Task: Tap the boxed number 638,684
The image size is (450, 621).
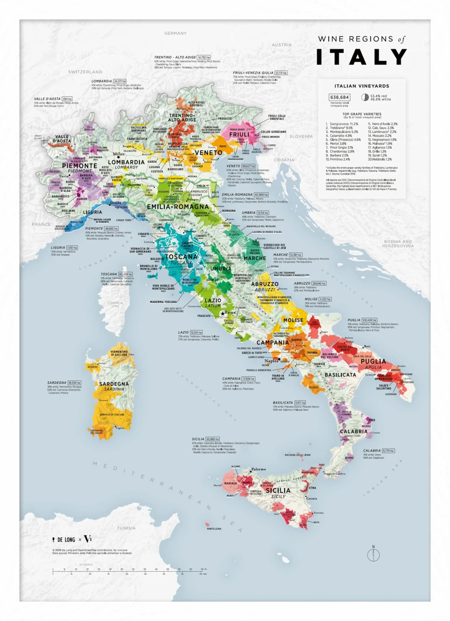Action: click(339, 97)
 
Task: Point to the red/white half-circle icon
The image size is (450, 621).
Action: click(365, 97)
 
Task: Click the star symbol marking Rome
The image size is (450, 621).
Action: click(223, 313)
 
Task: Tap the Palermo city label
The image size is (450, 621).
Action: click(259, 469)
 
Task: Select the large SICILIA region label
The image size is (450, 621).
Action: click(278, 490)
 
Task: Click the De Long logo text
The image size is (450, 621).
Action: click(66, 540)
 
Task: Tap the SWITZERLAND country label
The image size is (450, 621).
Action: click(85, 72)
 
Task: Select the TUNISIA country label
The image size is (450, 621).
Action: click(126, 528)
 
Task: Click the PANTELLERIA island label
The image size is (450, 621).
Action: click(214, 529)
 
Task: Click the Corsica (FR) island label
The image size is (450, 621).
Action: click(115, 304)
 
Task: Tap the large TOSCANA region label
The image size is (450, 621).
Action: click(181, 256)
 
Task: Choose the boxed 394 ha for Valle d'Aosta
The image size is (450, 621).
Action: click(67, 99)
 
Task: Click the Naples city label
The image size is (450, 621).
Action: click(271, 361)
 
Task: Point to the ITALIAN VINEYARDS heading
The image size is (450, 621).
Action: click(361, 86)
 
